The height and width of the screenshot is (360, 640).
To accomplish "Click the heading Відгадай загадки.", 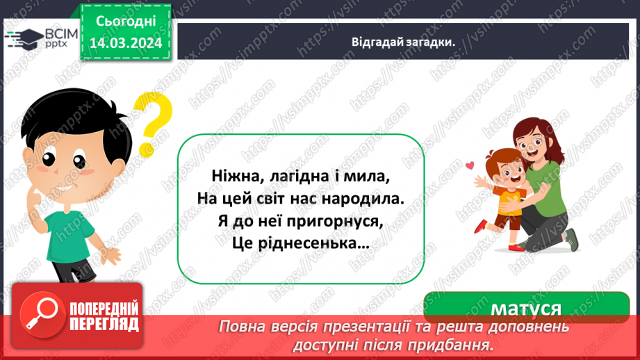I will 403,42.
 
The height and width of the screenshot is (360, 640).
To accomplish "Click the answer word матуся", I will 526,309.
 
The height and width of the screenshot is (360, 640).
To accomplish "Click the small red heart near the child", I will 470,165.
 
